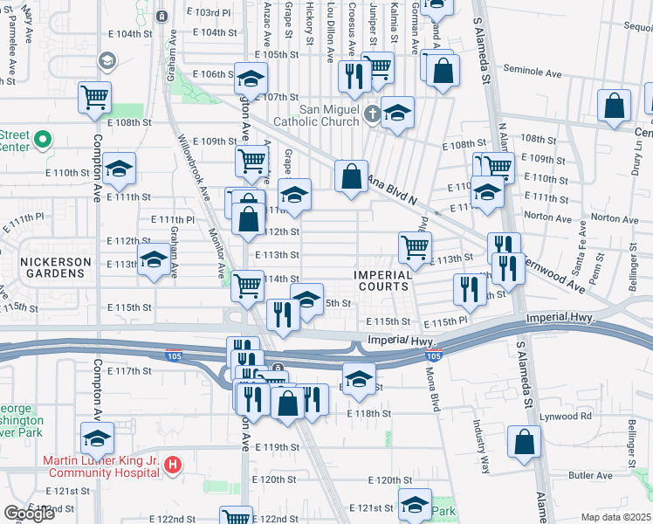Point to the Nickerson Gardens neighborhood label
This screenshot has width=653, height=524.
point(57,268)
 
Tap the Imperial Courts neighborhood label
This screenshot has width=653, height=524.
point(383,280)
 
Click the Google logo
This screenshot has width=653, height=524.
point(29,514)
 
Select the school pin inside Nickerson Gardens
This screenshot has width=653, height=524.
point(155,261)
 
